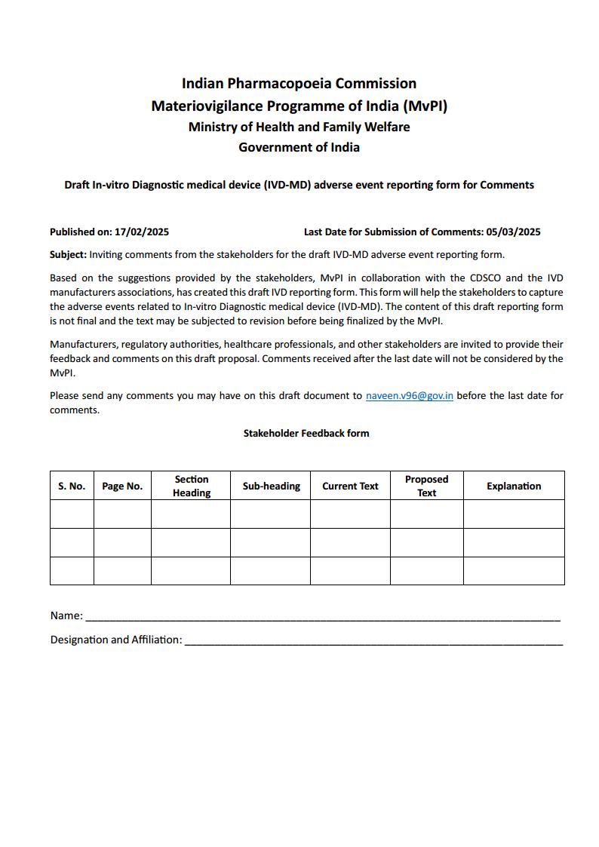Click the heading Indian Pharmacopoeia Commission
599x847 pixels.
(299, 83)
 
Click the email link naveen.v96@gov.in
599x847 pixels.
(409, 395)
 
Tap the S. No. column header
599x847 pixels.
(72, 486)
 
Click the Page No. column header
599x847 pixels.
(122, 486)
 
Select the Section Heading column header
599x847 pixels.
(191, 486)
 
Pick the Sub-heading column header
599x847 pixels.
(271, 486)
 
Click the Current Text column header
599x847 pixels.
(350, 486)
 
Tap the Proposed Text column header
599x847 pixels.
(426, 486)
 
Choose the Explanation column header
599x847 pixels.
(514, 486)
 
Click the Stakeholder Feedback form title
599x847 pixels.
(306, 433)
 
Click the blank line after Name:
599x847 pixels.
(322, 616)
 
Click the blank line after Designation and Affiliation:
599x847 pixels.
(373, 640)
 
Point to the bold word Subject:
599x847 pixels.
(68, 254)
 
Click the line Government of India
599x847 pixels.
(299, 147)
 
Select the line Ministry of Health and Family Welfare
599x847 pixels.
(299, 127)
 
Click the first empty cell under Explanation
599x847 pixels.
(514, 514)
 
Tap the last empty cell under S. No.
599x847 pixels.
(72, 571)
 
